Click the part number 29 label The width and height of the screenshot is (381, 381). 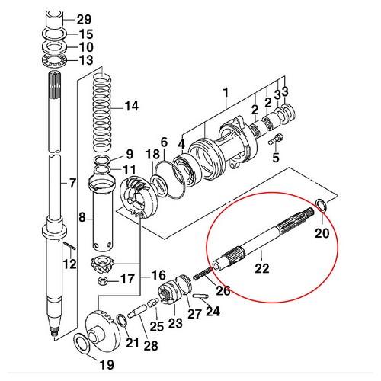(84, 18)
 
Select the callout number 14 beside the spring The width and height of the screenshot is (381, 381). (132, 106)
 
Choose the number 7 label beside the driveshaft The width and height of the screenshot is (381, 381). (72, 183)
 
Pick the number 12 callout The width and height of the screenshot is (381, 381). (69, 264)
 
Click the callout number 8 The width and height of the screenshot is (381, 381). (82, 217)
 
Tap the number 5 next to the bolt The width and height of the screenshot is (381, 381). (276, 158)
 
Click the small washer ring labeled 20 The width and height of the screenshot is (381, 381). (322, 203)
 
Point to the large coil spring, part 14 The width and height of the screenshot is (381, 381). (103, 107)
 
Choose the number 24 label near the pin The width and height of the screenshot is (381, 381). (213, 310)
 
